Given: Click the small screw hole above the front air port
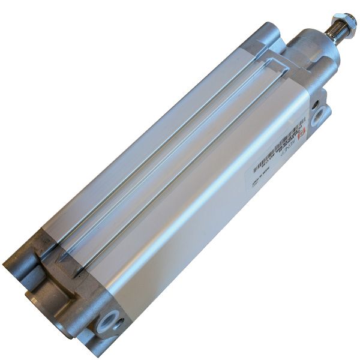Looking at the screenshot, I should [315, 102].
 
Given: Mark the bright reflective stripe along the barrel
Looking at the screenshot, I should [198, 198].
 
